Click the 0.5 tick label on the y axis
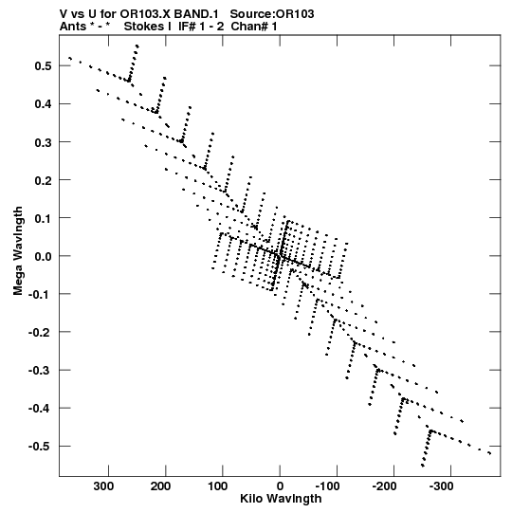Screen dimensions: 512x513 tap(43, 66)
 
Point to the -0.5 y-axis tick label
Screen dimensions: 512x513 tap(40, 447)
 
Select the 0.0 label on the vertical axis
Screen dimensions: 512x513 tap(43, 256)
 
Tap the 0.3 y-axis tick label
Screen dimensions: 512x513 tap(43, 142)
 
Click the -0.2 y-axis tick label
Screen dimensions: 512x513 tap(40, 332)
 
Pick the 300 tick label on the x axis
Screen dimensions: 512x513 tap(103, 486)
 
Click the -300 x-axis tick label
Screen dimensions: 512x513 tap(442, 486)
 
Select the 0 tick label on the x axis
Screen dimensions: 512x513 tap(280, 486)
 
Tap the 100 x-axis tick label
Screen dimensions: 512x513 tap(217, 486)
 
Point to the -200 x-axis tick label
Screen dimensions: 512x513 tap(384, 486)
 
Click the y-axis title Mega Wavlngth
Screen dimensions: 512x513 tap(18, 251)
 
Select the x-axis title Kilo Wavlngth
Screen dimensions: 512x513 tap(281, 499)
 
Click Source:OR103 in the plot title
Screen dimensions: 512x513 tap(272, 14)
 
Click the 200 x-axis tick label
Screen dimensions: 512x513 tap(160, 486)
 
